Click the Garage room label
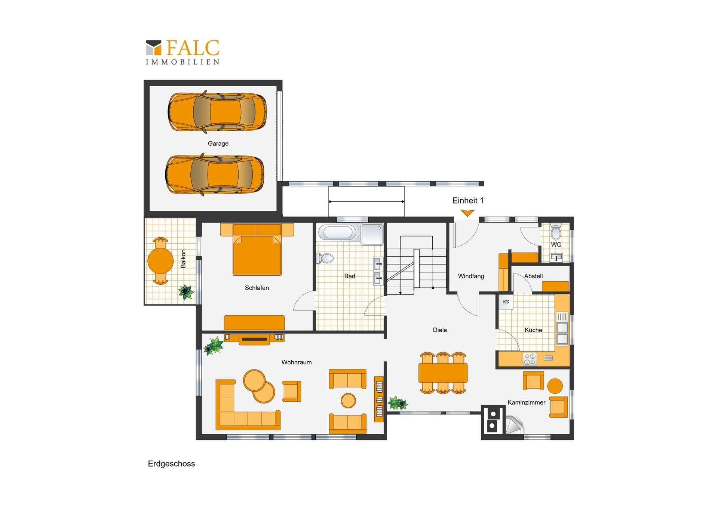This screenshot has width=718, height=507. point(218,143)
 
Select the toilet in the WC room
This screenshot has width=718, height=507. point(556,231)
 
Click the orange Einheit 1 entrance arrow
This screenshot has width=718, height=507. point(467,213)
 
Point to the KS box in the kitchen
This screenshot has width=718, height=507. point(506,302)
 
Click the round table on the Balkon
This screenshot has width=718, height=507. point(160,261)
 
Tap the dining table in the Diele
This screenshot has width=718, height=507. point(443,373)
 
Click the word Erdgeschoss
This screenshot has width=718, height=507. point(171,464)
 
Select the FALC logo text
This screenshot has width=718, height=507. point(193,48)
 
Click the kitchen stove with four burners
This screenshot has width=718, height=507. point(530,359)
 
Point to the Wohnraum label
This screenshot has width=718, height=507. point(297,362)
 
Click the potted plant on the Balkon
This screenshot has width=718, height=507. point(186,292)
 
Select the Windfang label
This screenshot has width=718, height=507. point(471,276)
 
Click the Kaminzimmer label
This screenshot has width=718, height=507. point(526,402)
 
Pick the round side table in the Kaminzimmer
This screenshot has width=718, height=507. point(555,386)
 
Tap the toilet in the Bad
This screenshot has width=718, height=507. point(325,258)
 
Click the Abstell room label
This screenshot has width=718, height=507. point(533,276)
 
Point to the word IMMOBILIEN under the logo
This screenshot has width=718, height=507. point(182,62)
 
